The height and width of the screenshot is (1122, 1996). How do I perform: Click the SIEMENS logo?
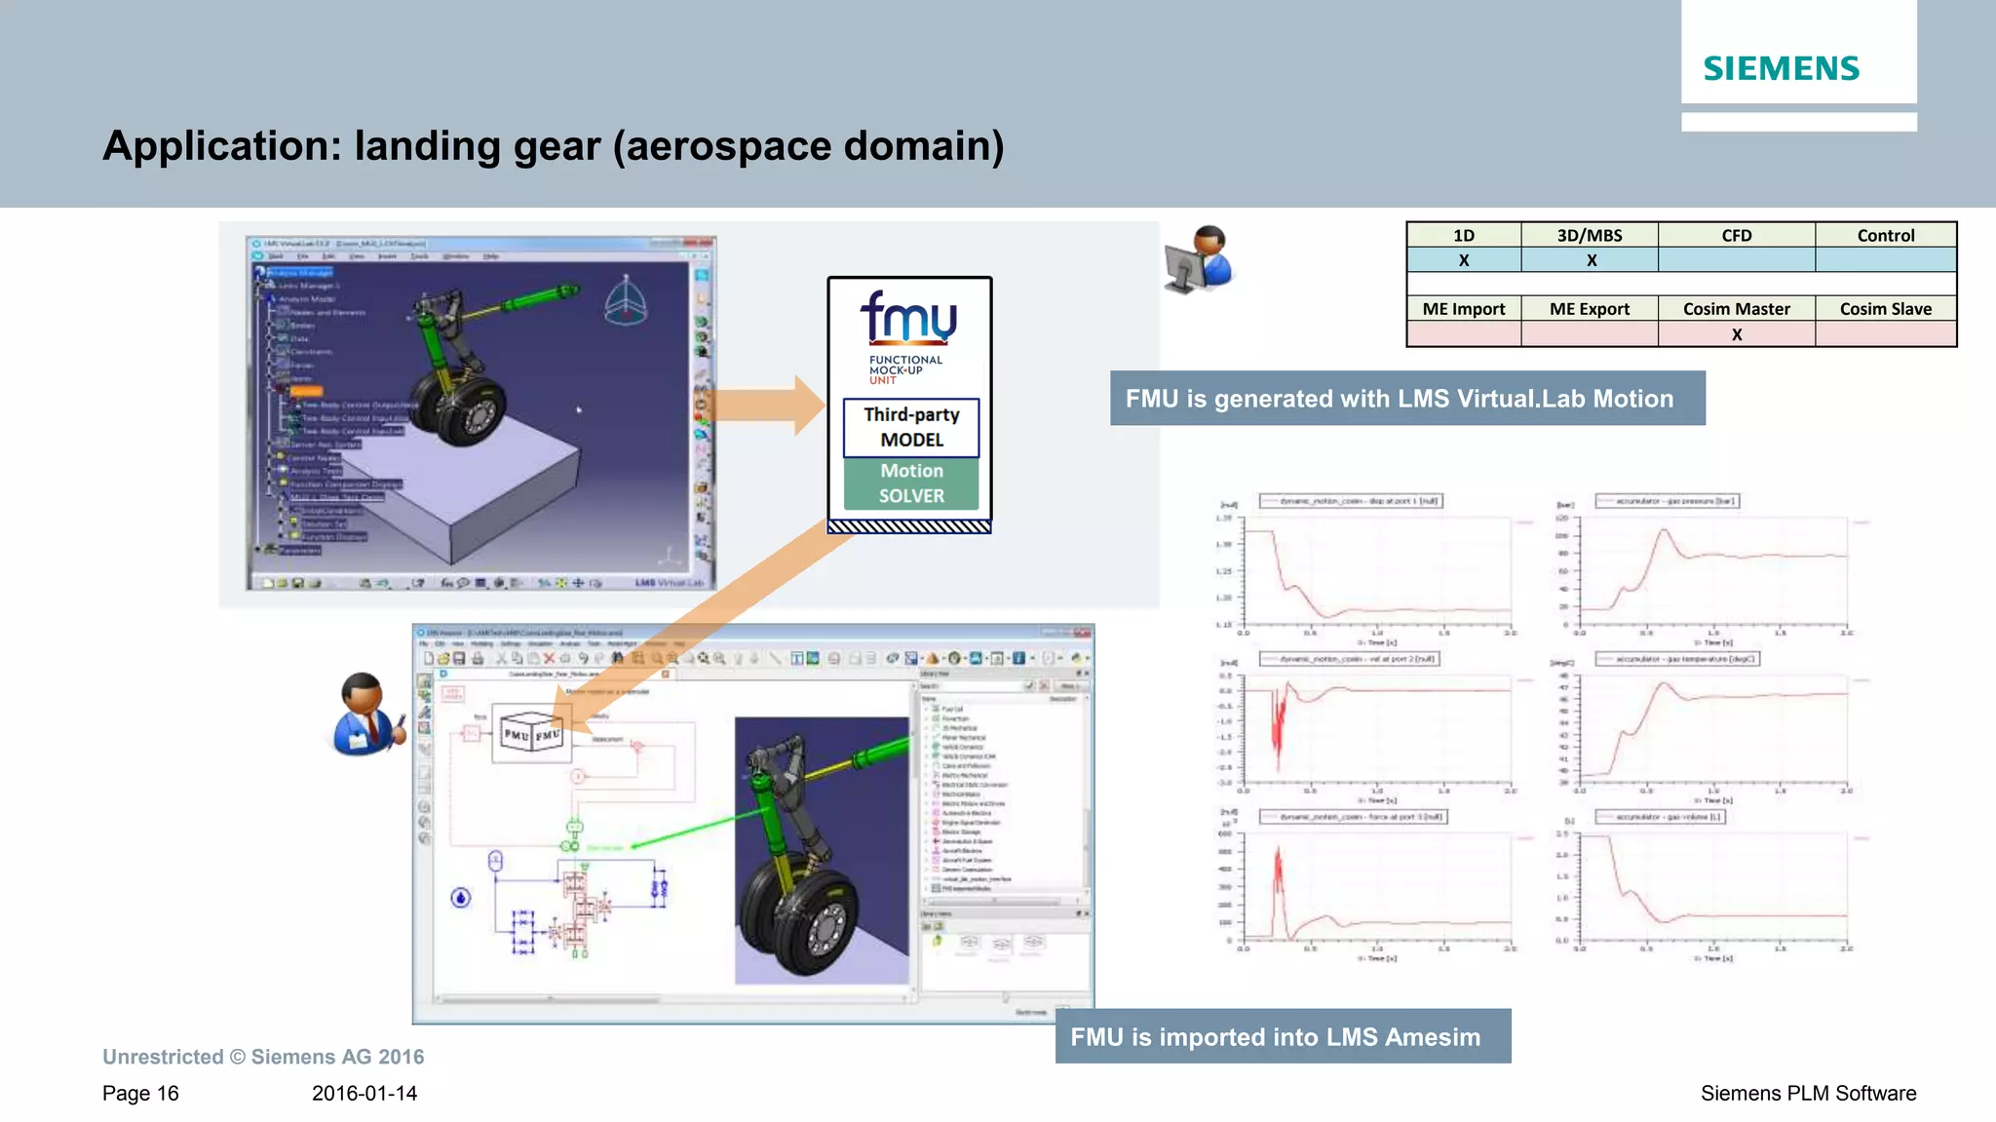click(x=1781, y=68)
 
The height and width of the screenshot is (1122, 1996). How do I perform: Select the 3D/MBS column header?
click(x=1590, y=235)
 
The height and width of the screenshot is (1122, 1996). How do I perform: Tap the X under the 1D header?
click(x=1464, y=260)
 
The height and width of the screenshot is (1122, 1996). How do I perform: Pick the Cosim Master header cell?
click(x=1736, y=309)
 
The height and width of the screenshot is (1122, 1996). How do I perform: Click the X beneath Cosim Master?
click(x=1737, y=334)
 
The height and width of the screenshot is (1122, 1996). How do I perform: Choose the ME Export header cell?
click(x=1590, y=309)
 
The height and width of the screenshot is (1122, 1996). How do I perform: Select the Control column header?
click(x=1885, y=235)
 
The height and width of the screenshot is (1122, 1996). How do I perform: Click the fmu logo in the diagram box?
click(x=908, y=318)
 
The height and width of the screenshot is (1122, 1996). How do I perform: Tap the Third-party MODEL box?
click(x=911, y=427)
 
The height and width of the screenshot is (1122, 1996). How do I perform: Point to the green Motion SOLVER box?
click(x=911, y=484)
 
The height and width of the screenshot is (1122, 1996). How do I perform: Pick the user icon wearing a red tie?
click(x=365, y=716)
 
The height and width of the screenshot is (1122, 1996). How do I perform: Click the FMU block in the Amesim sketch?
click(x=532, y=733)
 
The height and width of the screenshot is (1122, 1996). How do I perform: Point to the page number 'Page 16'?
click(x=140, y=1094)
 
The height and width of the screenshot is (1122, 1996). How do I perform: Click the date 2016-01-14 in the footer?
click(x=365, y=1094)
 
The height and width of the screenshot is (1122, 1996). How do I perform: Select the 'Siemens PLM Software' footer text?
click(x=1808, y=1094)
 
